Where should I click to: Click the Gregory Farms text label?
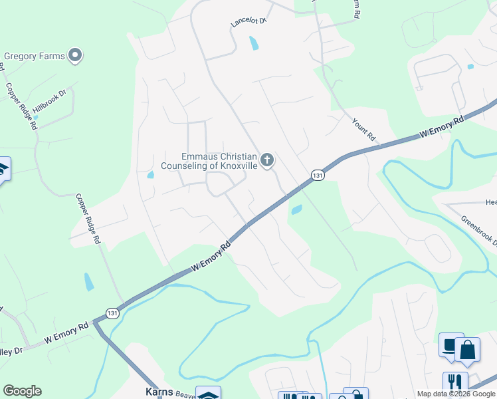[35, 57]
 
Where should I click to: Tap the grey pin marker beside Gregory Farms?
[75, 56]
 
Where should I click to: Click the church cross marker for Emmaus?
[267, 160]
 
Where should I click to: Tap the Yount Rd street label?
[364, 128]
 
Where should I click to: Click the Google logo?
[22, 391]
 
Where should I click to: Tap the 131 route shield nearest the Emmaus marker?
[318, 175]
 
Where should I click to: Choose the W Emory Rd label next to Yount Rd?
[441, 128]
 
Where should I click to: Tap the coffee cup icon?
[450, 346]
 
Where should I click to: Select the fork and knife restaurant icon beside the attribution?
[455, 382]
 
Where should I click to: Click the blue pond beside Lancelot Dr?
[253, 44]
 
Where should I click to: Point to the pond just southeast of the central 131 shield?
[296, 210]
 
